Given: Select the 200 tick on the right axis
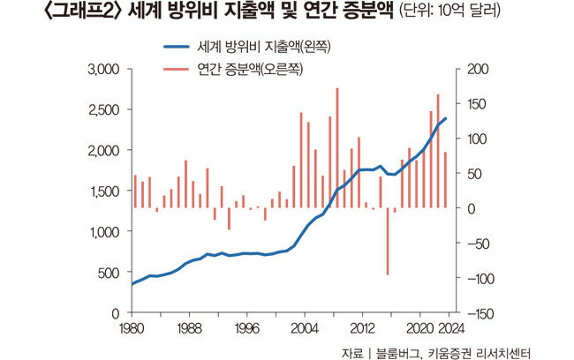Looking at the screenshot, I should coord(467,70).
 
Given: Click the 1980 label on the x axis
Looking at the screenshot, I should coord(132,328).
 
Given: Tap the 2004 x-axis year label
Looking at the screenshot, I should coord(305,328).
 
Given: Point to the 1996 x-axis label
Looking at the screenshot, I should coord(246,328).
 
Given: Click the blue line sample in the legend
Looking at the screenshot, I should coord(178,45).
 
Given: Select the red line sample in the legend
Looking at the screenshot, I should coord(178,64).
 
